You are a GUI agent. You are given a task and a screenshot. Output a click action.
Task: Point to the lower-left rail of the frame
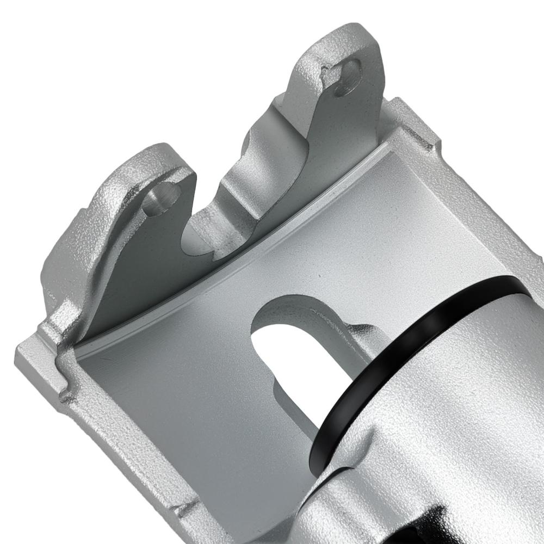109,430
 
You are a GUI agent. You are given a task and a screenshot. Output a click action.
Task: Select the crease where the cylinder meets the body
348,468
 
